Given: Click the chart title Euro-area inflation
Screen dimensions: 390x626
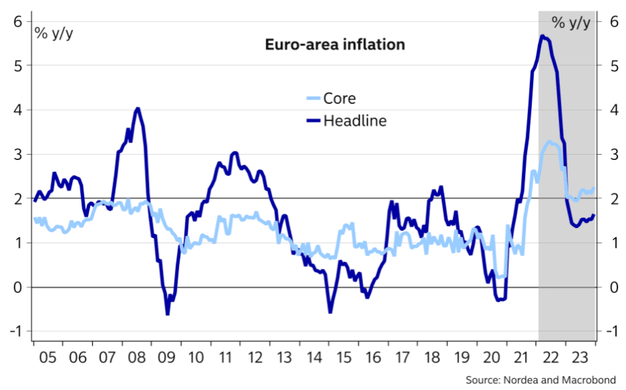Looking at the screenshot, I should (335, 45).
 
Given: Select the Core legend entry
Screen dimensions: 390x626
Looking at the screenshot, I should (339, 99).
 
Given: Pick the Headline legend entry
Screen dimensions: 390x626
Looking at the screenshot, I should (354, 121).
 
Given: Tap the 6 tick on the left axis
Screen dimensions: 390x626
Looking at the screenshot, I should (18, 21).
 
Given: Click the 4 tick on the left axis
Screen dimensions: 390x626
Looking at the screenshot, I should (18, 109).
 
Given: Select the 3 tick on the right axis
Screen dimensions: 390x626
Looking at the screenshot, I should (611, 154).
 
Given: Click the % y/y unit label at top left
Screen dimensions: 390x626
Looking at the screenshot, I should (54, 33).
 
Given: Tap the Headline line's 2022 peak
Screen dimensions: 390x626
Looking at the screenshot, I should (543, 37).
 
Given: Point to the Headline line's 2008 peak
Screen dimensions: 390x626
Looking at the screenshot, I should (137, 109).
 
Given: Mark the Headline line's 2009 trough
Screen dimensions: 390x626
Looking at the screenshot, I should (168, 313).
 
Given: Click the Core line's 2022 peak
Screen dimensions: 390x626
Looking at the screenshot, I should (549, 141).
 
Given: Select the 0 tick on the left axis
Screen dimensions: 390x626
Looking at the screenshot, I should (18, 287).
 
